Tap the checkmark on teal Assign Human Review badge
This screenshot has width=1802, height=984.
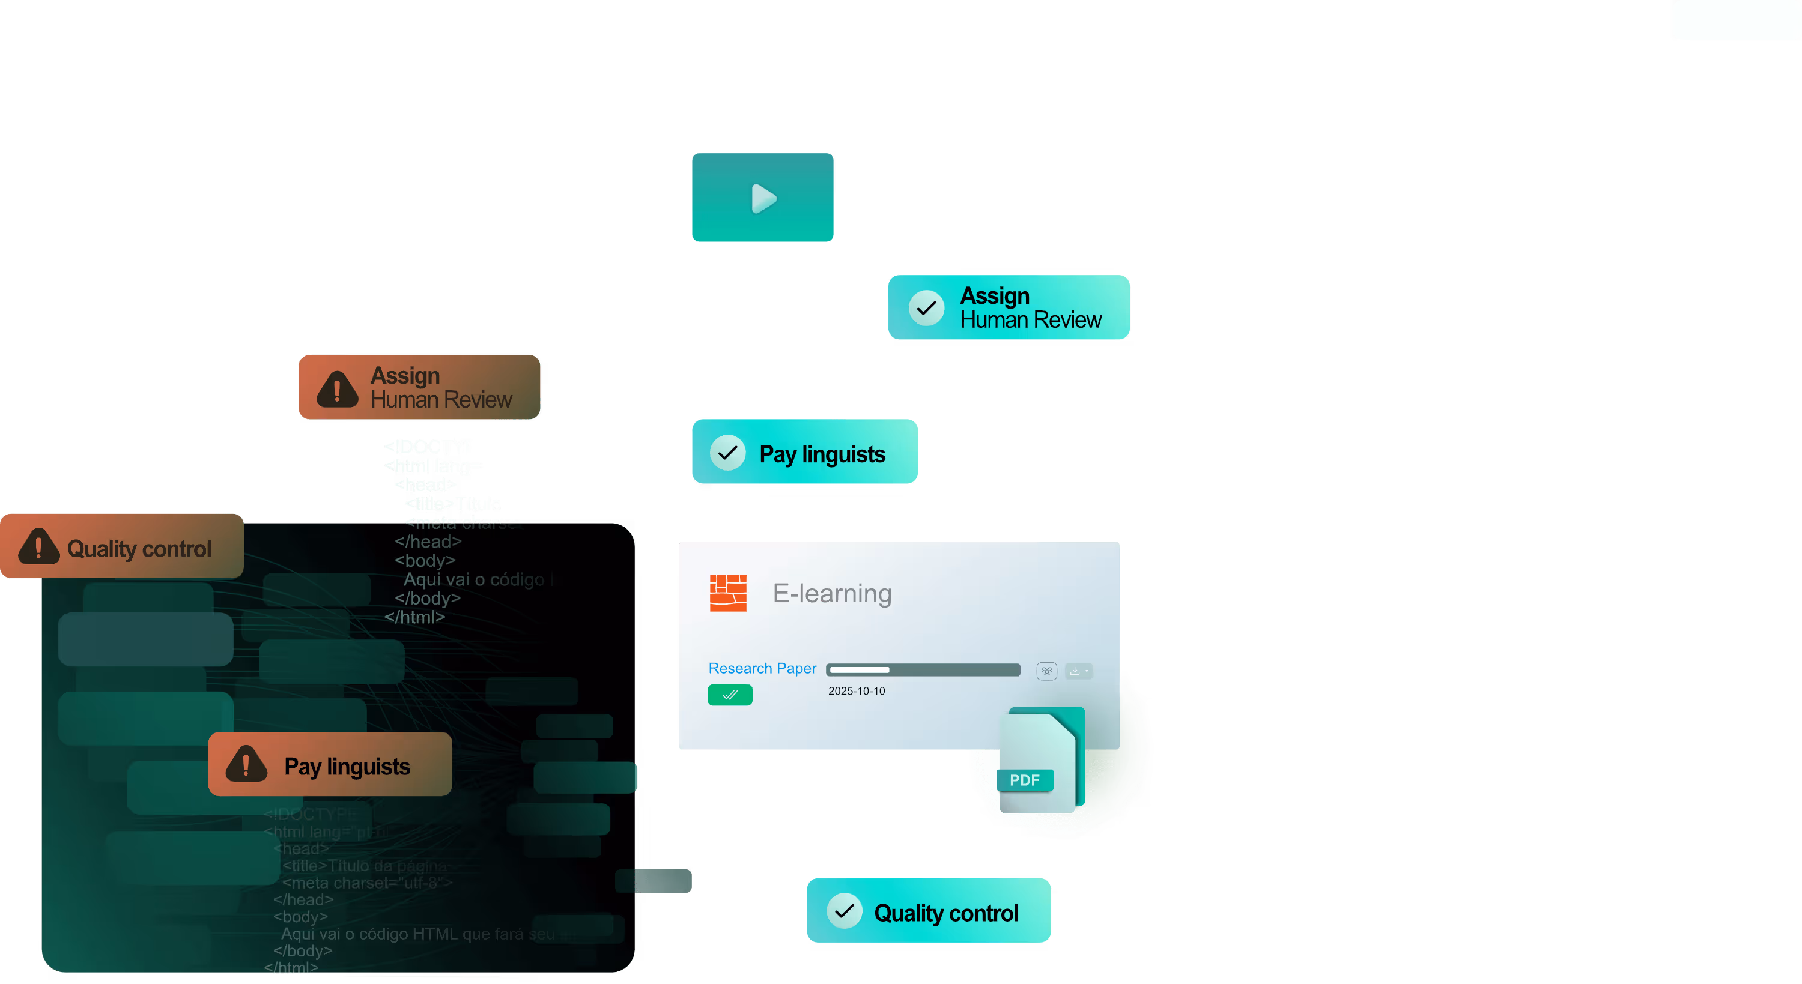tap(926, 308)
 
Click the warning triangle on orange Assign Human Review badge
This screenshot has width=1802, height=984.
tap(337, 389)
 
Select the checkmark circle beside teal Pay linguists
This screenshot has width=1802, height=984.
tap(727, 453)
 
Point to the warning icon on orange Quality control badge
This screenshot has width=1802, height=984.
tap(38, 547)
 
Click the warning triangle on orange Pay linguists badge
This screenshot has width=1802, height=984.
tap(246, 764)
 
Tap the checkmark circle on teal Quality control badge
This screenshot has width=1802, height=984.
tap(845, 911)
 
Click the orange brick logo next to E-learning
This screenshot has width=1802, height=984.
tap(727, 593)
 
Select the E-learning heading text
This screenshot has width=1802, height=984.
tap(832, 594)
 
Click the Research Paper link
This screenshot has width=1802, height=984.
tap(762, 669)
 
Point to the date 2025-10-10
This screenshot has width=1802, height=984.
tap(856, 691)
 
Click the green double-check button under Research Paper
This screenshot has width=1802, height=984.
tap(730, 695)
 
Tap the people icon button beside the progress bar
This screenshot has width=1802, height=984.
tap(1046, 671)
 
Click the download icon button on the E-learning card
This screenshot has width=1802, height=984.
tap(1078, 671)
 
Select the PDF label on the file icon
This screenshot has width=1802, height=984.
tap(1024, 780)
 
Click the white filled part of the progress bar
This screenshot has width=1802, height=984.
tap(859, 670)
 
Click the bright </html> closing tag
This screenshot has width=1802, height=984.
tap(415, 617)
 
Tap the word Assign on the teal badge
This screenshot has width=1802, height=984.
tap(994, 296)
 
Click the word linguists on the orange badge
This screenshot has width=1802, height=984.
tap(368, 767)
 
